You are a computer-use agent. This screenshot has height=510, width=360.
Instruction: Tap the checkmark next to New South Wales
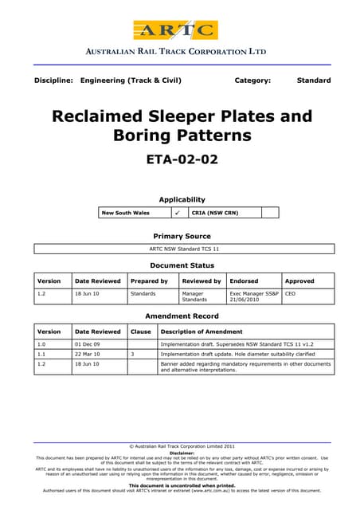click(x=177, y=213)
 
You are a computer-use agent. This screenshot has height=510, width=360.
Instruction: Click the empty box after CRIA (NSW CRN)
click(x=270, y=213)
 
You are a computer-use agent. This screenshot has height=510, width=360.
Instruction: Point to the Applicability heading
click(x=182, y=199)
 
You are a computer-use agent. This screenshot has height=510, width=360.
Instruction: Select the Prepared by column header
click(x=149, y=280)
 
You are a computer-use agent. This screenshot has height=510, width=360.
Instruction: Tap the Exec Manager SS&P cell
click(x=254, y=296)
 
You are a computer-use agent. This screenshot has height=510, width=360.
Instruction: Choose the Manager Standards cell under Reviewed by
click(x=194, y=296)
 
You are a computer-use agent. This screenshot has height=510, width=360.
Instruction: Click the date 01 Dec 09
click(x=87, y=343)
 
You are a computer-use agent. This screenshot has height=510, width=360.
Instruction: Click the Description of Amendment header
click(x=198, y=331)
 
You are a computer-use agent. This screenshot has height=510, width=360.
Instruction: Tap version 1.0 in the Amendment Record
click(x=43, y=343)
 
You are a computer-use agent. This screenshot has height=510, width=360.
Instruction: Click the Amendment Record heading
click(x=182, y=316)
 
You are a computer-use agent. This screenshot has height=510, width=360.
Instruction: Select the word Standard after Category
click(x=313, y=80)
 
